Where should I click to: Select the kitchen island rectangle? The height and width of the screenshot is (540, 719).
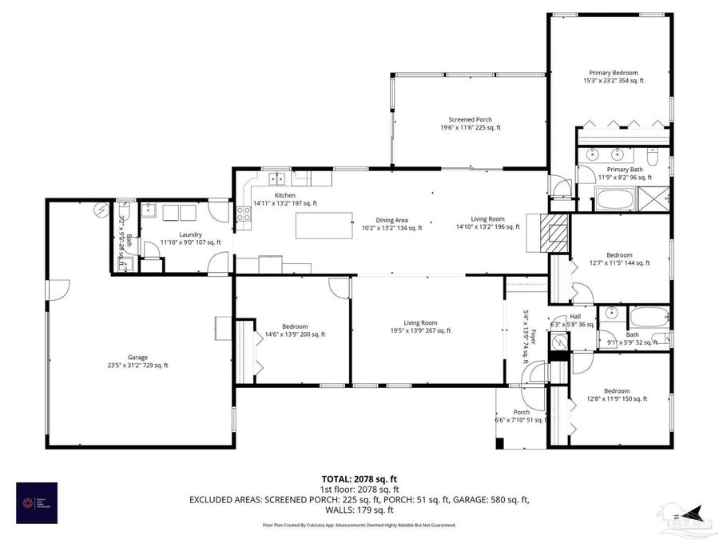(324, 225)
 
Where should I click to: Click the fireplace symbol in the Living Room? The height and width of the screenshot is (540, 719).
(554, 231)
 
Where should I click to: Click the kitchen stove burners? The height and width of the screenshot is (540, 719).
(243, 214)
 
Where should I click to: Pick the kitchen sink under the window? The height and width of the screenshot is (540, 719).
(278, 178)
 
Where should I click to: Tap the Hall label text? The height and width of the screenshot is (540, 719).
(574, 317)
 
